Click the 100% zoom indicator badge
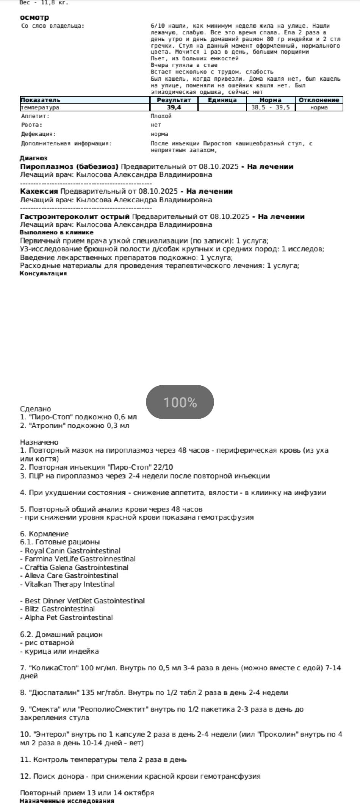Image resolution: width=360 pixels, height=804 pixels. click(180, 402)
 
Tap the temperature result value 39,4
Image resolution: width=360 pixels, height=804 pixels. click(174, 108)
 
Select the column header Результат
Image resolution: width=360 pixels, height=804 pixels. click(174, 100)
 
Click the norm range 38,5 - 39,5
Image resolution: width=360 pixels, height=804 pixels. click(271, 108)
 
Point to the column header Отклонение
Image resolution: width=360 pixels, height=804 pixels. click(319, 100)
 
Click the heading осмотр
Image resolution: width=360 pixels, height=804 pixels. click(34, 17)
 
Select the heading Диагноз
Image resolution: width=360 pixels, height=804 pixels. click(33, 158)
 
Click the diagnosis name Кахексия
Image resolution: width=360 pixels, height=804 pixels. click(39, 191)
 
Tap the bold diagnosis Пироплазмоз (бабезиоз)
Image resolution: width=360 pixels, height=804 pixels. click(69, 167)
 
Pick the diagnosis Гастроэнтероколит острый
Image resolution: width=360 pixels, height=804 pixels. click(75, 217)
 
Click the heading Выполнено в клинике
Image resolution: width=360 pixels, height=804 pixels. click(56, 233)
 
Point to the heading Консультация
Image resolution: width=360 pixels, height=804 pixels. click(43, 274)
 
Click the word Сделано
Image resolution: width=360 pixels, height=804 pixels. click(35, 409)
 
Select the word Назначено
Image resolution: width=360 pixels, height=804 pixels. click(39, 442)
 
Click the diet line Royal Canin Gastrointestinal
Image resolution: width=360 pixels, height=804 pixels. click(72, 551)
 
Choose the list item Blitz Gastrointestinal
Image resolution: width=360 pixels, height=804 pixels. click(59, 609)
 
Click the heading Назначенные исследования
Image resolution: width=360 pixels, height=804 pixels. click(67, 801)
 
